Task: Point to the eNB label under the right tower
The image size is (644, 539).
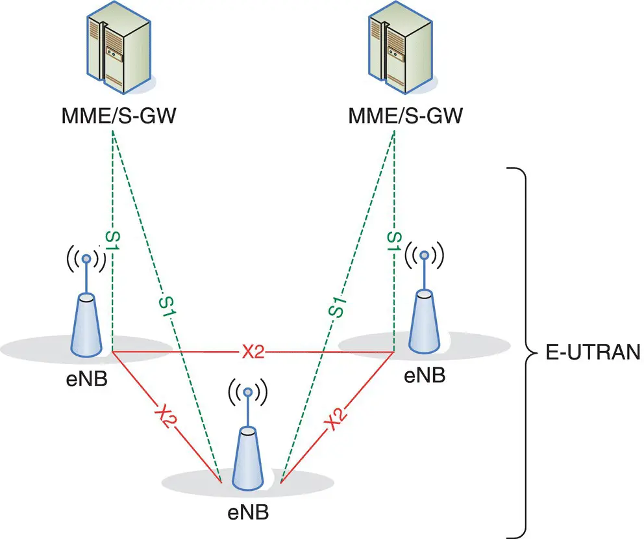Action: (425, 375)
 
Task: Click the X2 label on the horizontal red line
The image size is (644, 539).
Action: (254, 352)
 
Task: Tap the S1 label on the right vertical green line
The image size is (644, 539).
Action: (393, 241)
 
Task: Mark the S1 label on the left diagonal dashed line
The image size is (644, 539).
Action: (168, 306)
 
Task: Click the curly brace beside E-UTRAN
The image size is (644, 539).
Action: (519, 352)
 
